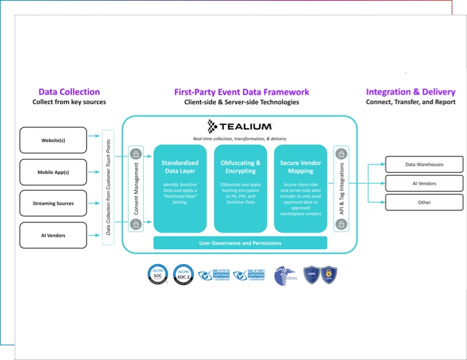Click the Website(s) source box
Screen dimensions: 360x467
pos(53,141)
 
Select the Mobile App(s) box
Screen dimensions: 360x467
pos(53,172)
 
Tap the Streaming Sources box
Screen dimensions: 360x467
pos(53,203)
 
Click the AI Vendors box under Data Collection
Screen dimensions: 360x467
pos(53,235)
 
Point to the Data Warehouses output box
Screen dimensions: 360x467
pos(424,165)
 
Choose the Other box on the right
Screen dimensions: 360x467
pos(424,203)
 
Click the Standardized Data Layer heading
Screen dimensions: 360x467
pos(180,167)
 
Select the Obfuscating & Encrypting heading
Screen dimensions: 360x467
pos(240,167)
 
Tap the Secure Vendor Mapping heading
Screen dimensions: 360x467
pos(300,167)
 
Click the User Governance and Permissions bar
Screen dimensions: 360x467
pos(240,243)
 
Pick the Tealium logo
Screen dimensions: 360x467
pos(240,126)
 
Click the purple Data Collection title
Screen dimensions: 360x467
pos(69,92)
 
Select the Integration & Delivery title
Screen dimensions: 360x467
pos(410,92)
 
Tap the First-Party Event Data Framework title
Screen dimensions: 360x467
pos(241,92)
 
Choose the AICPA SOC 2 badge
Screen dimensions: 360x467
pos(183,274)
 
